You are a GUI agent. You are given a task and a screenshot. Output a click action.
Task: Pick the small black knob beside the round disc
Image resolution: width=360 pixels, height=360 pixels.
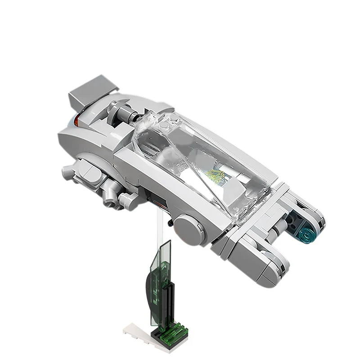[x=170, y=222]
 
